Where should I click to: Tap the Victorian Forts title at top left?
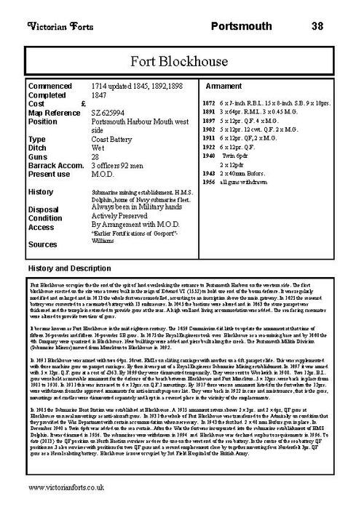pyautogui.click(x=57, y=27)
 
